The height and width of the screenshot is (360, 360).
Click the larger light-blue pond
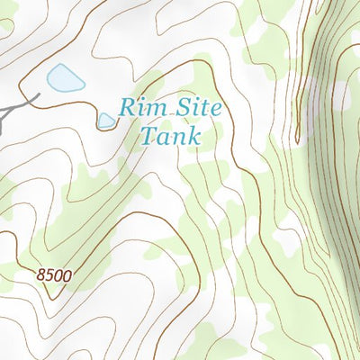pos(66,79)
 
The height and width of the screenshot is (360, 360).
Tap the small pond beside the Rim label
pos(106,120)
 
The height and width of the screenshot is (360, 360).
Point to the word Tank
pos(170,138)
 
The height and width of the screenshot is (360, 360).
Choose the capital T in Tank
pos(148,137)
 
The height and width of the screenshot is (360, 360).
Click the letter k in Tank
pos(193,138)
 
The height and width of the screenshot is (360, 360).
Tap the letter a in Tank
pos(162,139)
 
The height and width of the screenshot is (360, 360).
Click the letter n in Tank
pos(176,139)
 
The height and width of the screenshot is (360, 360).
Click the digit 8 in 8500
pos(42,274)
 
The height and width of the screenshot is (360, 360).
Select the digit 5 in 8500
pos(50,274)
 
